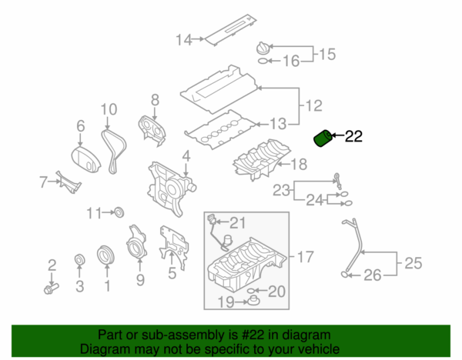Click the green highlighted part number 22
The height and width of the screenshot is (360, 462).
pyautogui.click(x=323, y=139)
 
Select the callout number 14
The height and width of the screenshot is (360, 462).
pyautogui.click(x=182, y=39)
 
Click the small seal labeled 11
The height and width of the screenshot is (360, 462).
pyautogui.click(x=119, y=212)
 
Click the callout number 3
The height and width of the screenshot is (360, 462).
pyautogui.click(x=79, y=287)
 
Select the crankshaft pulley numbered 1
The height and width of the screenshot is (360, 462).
pyautogui.click(x=105, y=255)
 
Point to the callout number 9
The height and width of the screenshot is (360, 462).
pyautogui.click(x=140, y=278)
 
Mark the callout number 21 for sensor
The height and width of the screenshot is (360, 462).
pyautogui.click(x=236, y=223)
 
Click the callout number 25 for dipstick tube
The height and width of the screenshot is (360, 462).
pyautogui.click(x=413, y=263)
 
